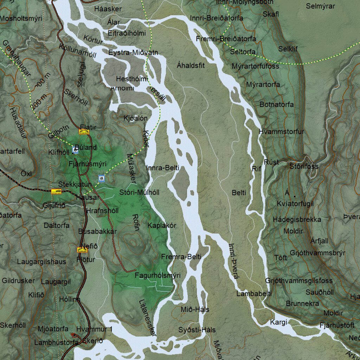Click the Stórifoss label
pyautogui.click(x=304, y=166)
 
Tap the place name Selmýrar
pyautogui.click(x=320, y=6)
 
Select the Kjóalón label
pyautogui.click(x=135, y=118)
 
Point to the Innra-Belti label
pyautogui.click(x=162, y=168)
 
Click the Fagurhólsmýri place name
pyautogui.click(x=157, y=275)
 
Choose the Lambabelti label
pyautogui.click(x=254, y=294)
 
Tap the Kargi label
pyautogui.click(x=278, y=322)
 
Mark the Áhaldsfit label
pyautogui.click(x=191, y=65)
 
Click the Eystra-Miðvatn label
pyautogui.click(x=133, y=53)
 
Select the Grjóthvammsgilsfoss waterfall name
pyautogui.click(x=299, y=281)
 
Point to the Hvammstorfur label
pyautogui.click(x=281, y=131)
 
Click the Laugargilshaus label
pyautogui.click(x=41, y=262)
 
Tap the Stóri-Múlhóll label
pyautogui.click(x=139, y=192)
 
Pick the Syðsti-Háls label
pyautogui.click(x=197, y=330)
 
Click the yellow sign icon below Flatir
pyautogui.click(x=84, y=132)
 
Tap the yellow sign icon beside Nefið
pyautogui.click(x=82, y=250)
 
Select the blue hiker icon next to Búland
pyautogui.click(x=75, y=150)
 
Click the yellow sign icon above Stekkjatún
pyautogui.click(x=56, y=191)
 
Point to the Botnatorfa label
pyautogui.click(x=277, y=104)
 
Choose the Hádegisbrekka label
pyautogui.click(x=297, y=219)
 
